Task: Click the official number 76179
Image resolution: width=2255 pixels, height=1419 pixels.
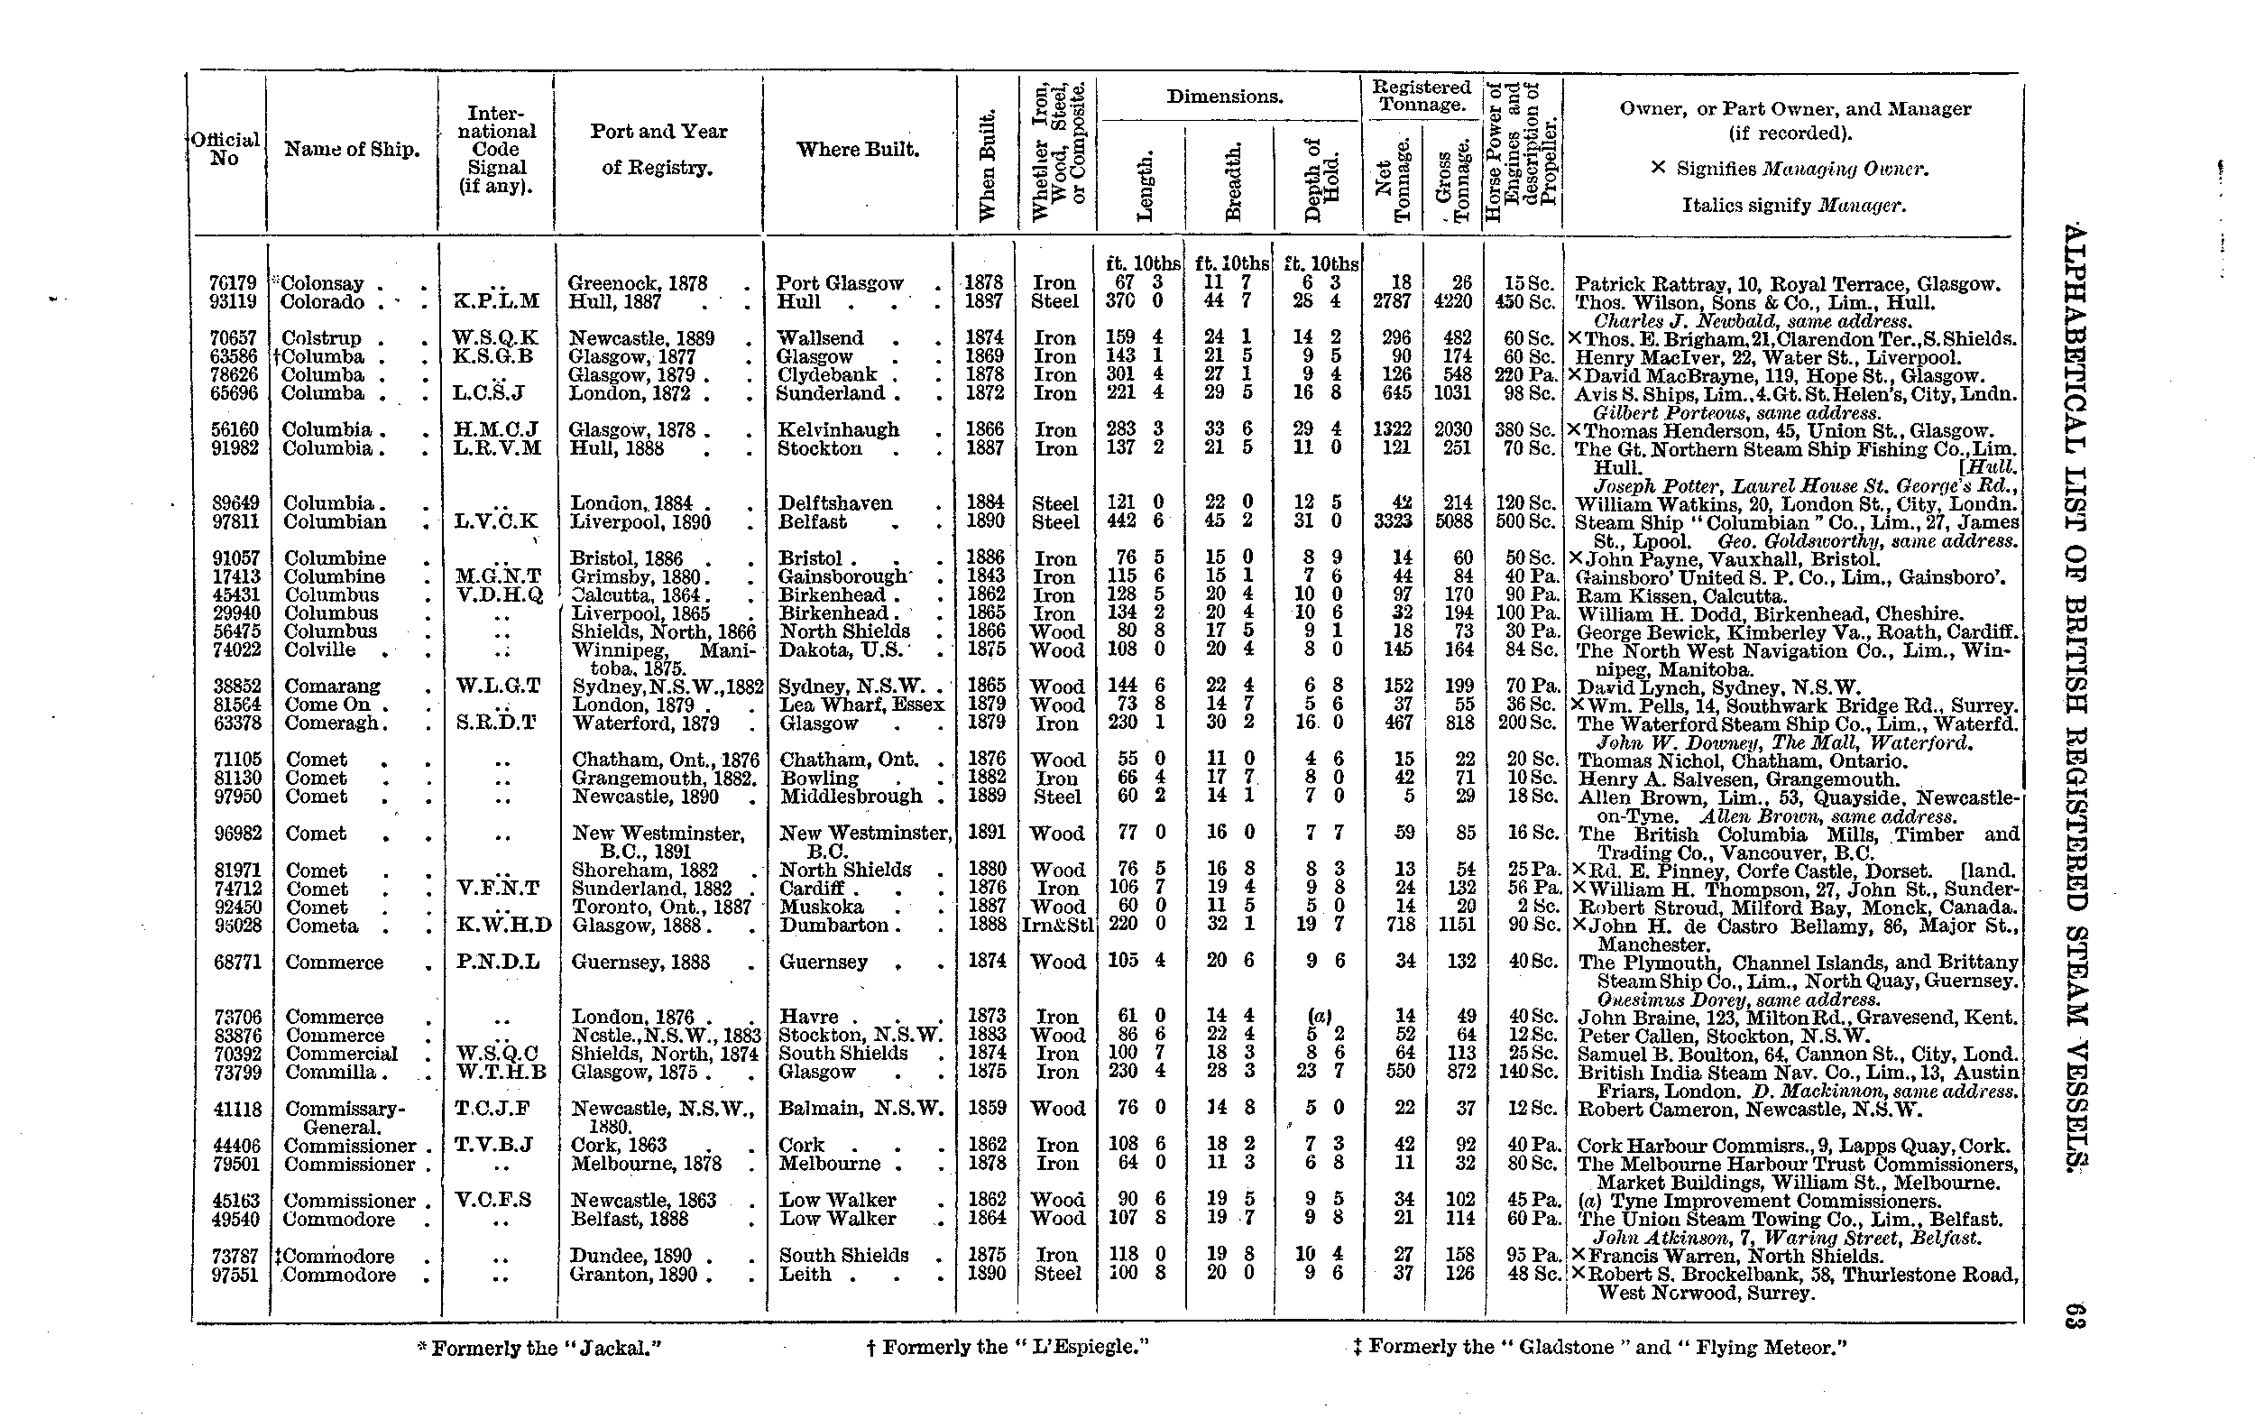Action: click(231, 283)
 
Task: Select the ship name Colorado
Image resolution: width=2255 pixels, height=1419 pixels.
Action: click(321, 301)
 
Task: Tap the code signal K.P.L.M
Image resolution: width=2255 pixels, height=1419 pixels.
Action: click(496, 301)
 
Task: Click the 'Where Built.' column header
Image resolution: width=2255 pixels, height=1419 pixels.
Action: click(857, 150)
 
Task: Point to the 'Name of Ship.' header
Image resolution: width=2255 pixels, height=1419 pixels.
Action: click(351, 150)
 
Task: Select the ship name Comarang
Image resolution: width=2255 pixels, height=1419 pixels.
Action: click(332, 686)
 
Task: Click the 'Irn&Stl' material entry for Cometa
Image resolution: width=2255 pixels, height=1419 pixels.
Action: click(1057, 926)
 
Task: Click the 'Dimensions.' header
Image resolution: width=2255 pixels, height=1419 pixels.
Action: click(1224, 97)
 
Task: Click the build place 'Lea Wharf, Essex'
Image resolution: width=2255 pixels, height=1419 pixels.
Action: click(861, 705)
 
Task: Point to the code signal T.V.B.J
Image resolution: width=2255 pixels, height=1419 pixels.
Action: click(494, 1145)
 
